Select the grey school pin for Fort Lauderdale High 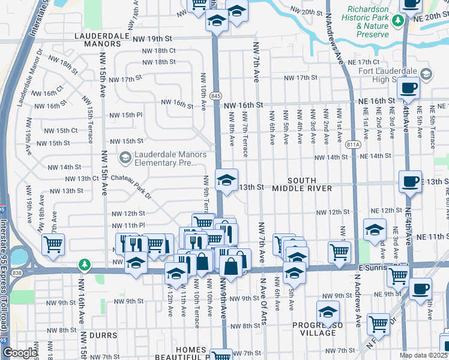pos(426,74)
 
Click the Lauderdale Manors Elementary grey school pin pos(125,158)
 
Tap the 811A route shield pos(355,145)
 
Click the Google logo pos(19,353)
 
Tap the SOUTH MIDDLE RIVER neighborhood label pos(309,184)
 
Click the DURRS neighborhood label pos(100,335)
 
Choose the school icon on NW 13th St pos(226,181)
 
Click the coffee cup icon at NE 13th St pos(411,181)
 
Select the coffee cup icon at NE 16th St pos(409,88)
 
